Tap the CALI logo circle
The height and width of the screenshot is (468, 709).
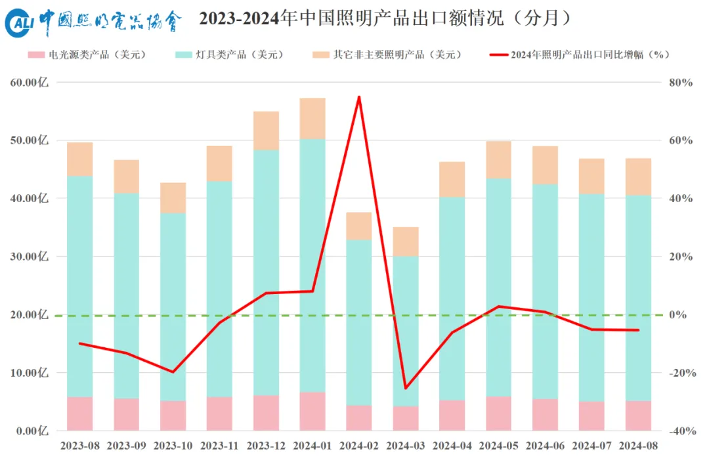point(18,24)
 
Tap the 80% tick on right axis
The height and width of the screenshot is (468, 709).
point(681,83)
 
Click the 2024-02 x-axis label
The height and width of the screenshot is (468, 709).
point(359,446)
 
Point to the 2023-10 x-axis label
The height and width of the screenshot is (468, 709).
point(173,446)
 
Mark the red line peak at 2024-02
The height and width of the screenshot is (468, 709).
point(359,97)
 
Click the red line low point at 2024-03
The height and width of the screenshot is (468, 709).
point(406,388)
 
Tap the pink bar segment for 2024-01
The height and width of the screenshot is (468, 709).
point(312,411)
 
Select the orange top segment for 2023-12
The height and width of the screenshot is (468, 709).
point(266,131)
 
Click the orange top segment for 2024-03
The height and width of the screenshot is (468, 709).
point(406,241)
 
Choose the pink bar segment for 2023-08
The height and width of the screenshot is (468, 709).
point(80,414)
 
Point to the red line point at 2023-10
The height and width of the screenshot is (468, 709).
point(173,372)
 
